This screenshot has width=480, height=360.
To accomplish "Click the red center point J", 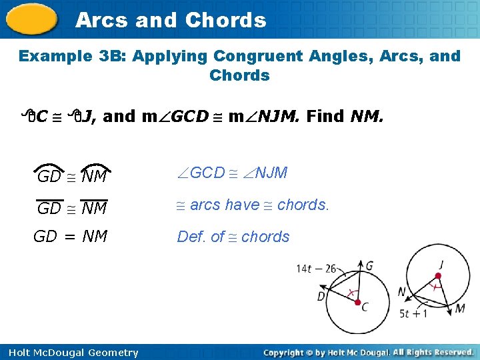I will pyautogui.click(x=439, y=275).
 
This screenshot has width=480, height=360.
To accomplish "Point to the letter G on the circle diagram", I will pyautogui.click(x=369, y=265).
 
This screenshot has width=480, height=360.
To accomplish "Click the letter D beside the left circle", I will pyautogui.click(x=322, y=296).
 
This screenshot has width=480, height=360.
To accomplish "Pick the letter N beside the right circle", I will pyautogui.click(x=402, y=292).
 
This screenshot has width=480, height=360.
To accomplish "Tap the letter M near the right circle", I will pyautogui.click(x=461, y=309).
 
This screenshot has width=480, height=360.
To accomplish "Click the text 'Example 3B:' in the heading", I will pyautogui.click(x=73, y=56).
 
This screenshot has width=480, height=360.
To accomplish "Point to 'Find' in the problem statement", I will pyautogui.click(x=325, y=117).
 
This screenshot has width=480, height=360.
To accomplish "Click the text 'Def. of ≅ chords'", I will pyautogui.click(x=233, y=237).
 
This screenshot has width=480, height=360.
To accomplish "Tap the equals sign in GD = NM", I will pyautogui.click(x=70, y=237).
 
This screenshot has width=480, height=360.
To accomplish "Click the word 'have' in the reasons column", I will pyautogui.click(x=242, y=205).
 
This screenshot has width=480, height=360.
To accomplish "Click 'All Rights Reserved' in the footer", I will pyautogui.click(x=433, y=352).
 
